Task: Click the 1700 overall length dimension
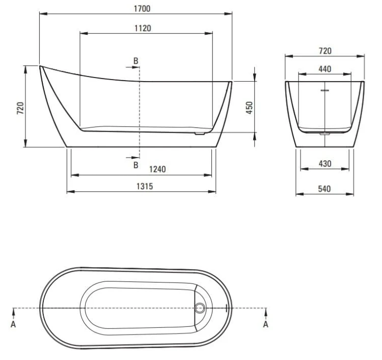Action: tap(142, 9)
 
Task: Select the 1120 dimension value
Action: tap(143, 28)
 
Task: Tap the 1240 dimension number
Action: tap(157, 169)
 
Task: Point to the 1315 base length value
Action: tap(145, 186)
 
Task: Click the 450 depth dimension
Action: tap(250, 108)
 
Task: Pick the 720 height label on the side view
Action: tap(20, 108)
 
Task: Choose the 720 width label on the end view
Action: tap(325, 51)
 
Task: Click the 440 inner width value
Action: tap(325, 69)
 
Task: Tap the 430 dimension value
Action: tap(325, 164)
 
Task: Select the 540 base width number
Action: tap(324, 189)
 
